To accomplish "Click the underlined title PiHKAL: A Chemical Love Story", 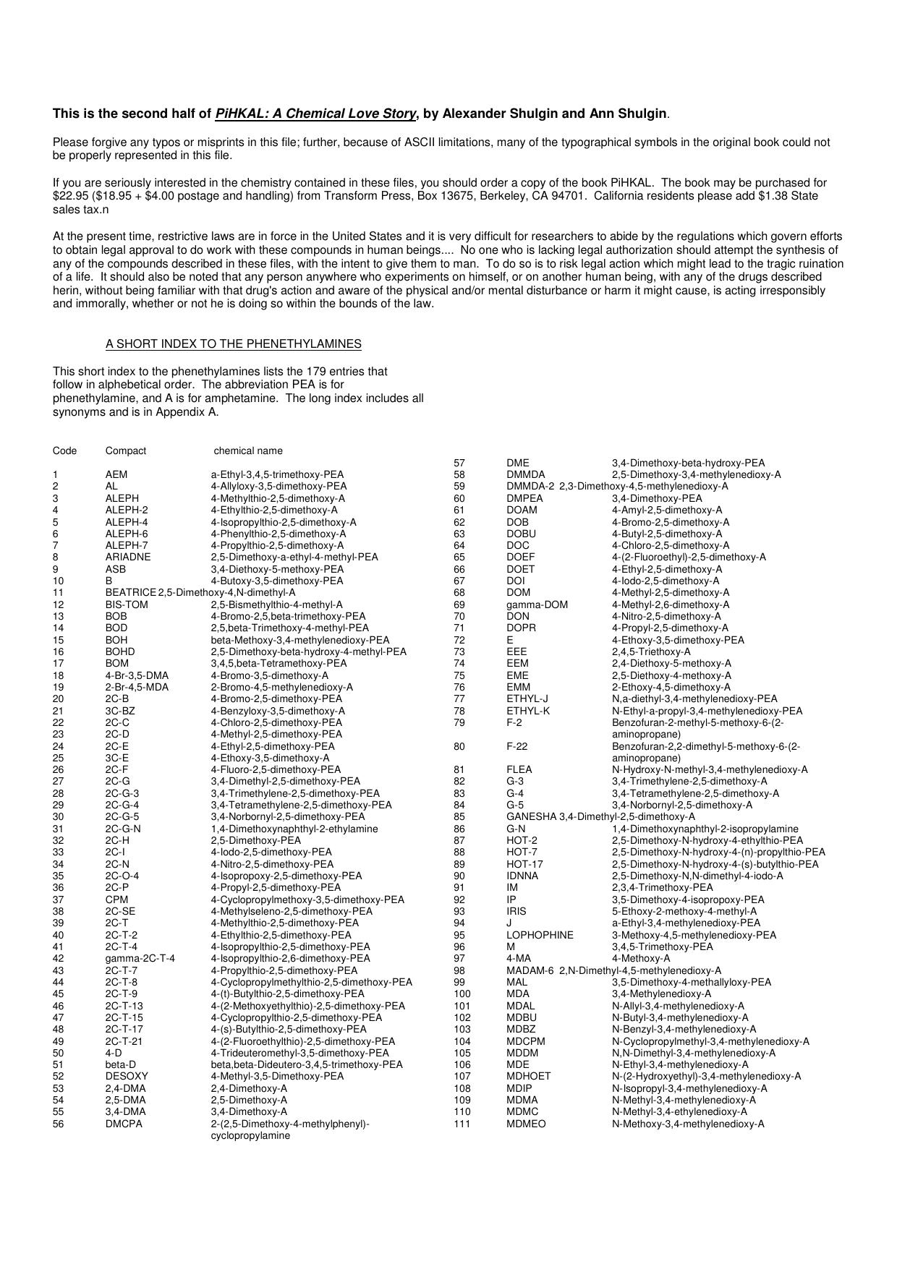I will click(315, 114).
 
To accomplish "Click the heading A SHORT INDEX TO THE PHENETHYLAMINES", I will click(234, 343).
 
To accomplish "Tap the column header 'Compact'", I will click(125, 450).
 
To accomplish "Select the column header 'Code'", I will click(64, 450).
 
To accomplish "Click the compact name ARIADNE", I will click(128, 557).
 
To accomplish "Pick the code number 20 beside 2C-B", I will click(58, 699).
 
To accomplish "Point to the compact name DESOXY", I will click(127, 1077).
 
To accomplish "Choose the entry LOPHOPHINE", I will click(540, 935).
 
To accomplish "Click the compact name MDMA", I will click(522, 1100).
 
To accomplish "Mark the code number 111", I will click(462, 1124).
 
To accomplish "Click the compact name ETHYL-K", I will click(528, 711).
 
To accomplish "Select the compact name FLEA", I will click(519, 770).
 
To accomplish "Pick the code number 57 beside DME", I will click(459, 463).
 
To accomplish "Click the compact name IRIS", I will click(516, 912).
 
